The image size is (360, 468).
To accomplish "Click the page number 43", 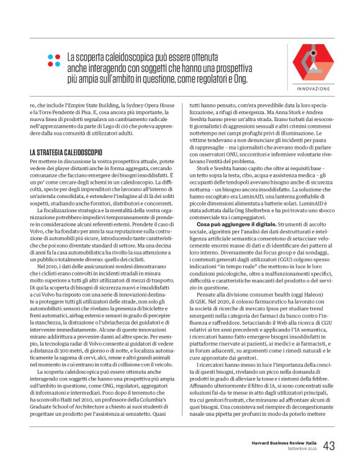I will (329, 446).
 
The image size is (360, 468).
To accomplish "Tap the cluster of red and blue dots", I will (54, 61).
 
